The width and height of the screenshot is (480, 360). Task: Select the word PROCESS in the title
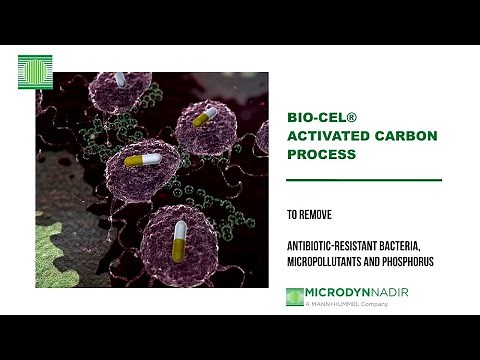[321, 156]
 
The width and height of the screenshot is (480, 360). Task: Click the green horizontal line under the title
[363, 180]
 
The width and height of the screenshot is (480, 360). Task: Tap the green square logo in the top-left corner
[35, 73]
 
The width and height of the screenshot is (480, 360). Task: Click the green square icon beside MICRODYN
[294, 296]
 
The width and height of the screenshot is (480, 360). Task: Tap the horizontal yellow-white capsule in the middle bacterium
[142, 159]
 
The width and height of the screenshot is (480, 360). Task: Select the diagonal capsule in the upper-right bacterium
[204, 118]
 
